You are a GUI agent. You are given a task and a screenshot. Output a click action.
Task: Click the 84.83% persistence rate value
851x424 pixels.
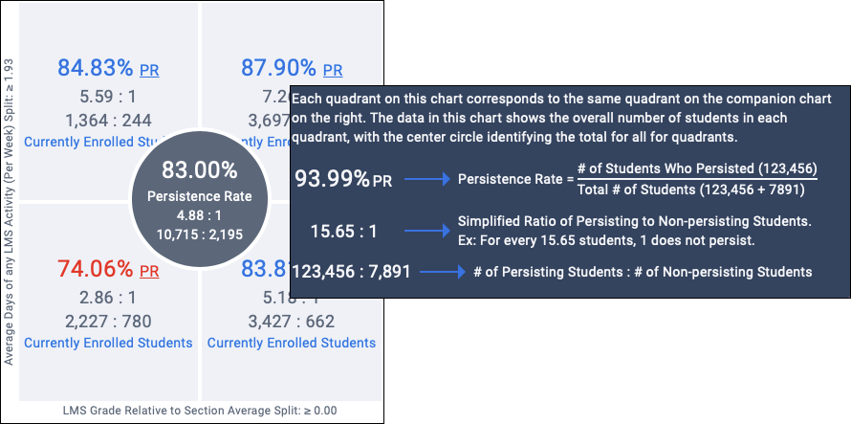point(96,68)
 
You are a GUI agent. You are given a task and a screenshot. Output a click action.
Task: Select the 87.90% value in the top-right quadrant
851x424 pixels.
point(277,68)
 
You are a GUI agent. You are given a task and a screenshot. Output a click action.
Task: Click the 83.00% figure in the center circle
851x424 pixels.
point(199,170)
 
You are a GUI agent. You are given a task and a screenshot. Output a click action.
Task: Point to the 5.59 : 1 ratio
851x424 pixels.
point(108,97)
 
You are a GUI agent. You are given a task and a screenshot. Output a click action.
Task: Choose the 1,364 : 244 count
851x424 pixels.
point(108,120)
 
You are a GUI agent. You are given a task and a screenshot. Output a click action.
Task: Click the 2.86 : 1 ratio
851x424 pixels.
point(108,298)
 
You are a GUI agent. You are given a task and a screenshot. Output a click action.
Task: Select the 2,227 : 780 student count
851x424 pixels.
point(108,321)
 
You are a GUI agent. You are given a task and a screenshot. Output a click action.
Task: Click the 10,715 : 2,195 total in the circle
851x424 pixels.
point(199,234)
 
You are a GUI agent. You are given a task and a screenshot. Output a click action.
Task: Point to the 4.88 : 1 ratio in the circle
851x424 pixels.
point(199,215)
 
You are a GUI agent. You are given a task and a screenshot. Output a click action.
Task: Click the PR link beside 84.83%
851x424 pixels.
point(149,70)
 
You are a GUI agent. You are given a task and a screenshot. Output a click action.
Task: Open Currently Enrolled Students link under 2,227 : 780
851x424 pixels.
point(108,343)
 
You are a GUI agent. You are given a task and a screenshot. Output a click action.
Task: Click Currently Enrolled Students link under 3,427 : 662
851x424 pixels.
point(292,343)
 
